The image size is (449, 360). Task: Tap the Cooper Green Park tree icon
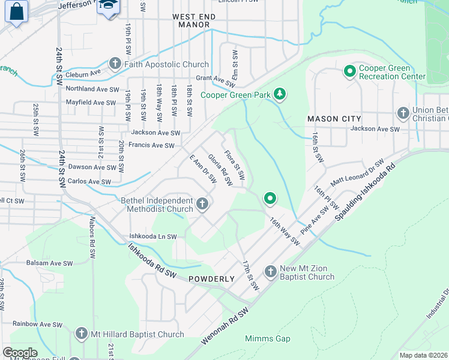pyautogui.click(x=279, y=94)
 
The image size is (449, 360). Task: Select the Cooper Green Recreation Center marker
pyautogui.click(x=349, y=72)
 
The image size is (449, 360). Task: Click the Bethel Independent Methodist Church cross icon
pyautogui.click(x=203, y=205)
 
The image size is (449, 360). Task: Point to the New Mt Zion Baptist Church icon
pyautogui.click(x=270, y=272)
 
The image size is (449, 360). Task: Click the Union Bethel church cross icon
pyautogui.click(x=403, y=113)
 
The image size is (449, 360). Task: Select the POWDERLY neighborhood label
pyautogui.click(x=211, y=279)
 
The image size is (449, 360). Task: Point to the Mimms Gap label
pyautogui.click(x=267, y=338)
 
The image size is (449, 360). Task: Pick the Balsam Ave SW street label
pyautogui.click(x=49, y=263)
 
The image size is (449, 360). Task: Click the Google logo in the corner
pyautogui.click(x=20, y=353)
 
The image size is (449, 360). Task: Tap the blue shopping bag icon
pyautogui.click(x=16, y=11)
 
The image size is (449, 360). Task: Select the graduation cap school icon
pyautogui.click(x=108, y=6)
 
